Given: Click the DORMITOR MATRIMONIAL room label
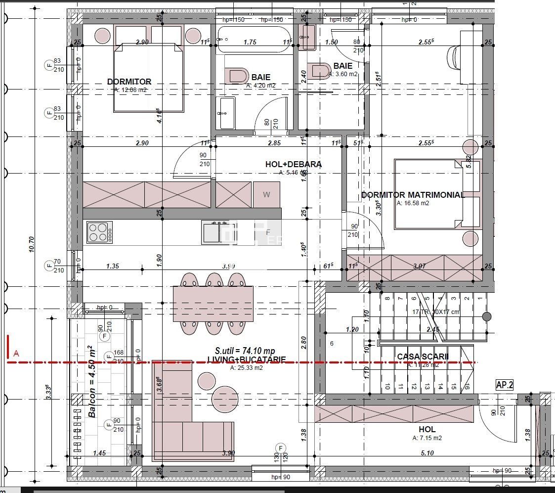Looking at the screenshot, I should [413, 195].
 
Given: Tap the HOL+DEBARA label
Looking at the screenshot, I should [294, 164].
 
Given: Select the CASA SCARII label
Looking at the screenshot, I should [422, 357].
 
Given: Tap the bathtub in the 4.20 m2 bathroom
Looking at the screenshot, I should [250, 42].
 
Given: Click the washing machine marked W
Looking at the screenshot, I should [266, 195].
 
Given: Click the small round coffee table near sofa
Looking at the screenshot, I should [207, 380].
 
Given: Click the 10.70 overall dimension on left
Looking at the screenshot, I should [32, 245].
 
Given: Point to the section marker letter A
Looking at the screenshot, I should [16, 353].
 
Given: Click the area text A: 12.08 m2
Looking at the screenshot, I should [130, 90].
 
